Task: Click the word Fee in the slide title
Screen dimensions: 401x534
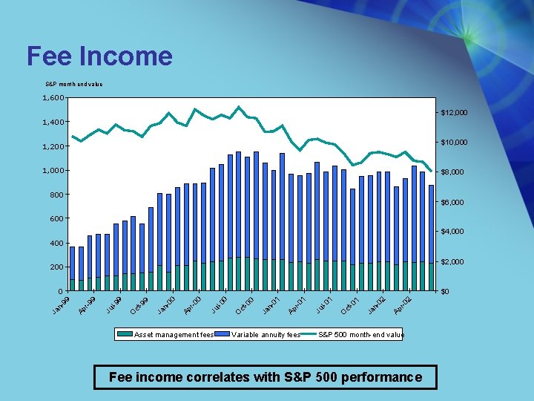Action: pos(48,56)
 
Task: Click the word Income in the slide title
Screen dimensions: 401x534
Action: pos(125,56)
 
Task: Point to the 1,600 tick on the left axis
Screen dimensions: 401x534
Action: pos(53,98)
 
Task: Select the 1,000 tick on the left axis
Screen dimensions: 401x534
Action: pos(53,171)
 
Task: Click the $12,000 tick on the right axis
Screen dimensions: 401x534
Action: pos(454,112)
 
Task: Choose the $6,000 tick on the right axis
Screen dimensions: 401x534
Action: pos(452,202)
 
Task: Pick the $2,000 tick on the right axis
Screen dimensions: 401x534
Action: pos(452,262)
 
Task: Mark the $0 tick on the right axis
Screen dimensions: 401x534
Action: pos(446,292)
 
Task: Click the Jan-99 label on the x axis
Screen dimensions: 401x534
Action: pos(62,304)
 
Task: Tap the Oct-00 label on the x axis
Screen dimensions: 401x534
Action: pos(245,304)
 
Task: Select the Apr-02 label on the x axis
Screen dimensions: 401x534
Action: pos(403,304)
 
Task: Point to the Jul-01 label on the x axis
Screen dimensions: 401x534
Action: pos(324,304)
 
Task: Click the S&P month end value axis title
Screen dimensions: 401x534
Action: pos(74,84)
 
